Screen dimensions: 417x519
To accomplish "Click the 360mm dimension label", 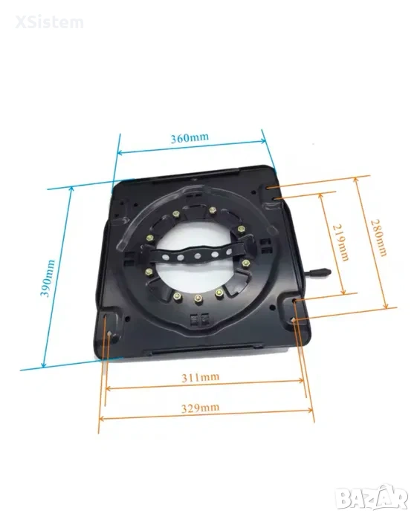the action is pyautogui.click(x=190, y=137).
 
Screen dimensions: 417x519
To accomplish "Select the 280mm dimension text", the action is pyautogui.click(x=378, y=238).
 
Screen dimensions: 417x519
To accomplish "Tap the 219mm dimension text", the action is pyautogui.click(x=341, y=242).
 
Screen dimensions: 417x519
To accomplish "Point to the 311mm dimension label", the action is pyautogui.click(x=200, y=377).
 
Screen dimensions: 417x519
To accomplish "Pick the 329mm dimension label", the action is pyautogui.click(x=200, y=408).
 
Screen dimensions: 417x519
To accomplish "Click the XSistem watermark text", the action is pyautogui.click(x=49, y=22).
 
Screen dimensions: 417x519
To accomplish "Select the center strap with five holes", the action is pyautogui.click(x=198, y=255).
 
